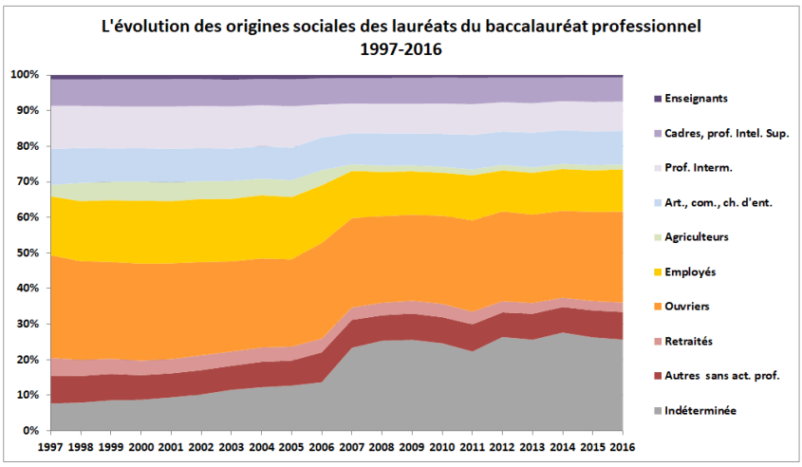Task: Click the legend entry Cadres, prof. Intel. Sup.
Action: (x=726, y=133)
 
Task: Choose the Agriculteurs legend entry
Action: (x=700, y=237)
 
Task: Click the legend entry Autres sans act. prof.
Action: (x=723, y=376)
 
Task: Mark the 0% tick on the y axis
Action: (x=31, y=430)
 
